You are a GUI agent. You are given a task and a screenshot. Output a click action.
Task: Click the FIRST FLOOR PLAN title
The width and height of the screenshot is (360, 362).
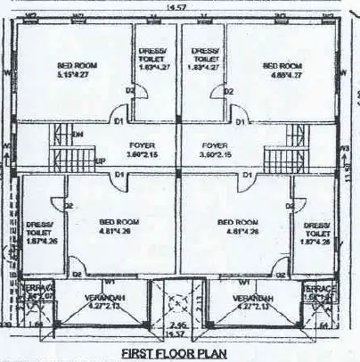(175, 353)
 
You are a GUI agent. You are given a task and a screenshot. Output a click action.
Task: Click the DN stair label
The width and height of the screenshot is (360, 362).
(78, 134)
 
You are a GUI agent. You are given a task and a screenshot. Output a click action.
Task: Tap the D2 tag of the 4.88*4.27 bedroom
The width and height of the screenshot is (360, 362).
(230, 91)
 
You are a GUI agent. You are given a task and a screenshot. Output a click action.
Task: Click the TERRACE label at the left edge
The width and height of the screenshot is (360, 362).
(22, 290)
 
